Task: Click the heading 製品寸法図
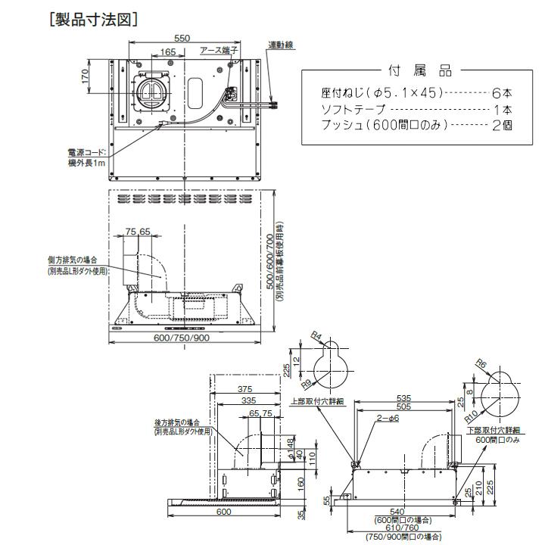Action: click(x=92, y=19)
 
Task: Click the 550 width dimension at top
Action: click(x=181, y=37)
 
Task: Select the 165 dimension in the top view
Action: click(x=168, y=52)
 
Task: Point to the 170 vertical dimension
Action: click(x=86, y=76)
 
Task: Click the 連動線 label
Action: click(x=282, y=45)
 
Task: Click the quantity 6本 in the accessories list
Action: click(x=501, y=93)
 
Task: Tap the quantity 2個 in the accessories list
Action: click(x=501, y=125)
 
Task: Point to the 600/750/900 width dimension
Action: click(x=181, y=337)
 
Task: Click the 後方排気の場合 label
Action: click(x=182, y=422)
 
